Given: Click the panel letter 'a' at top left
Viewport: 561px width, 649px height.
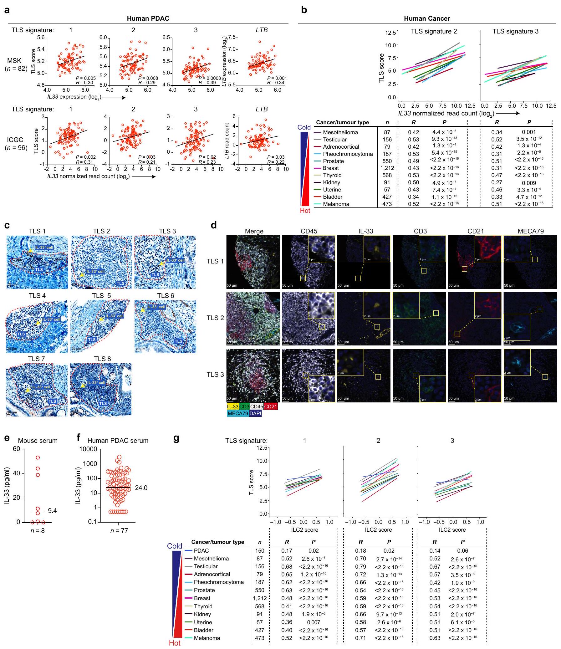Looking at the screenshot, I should click(7, 10).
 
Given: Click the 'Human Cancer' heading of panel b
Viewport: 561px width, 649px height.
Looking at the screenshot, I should click(427, 18).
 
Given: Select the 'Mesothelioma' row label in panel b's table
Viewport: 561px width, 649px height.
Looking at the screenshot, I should click(340, 132).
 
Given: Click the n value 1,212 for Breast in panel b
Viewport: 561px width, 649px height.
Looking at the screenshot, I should click(387, 168).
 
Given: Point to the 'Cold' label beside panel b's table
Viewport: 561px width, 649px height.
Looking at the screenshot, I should click(304, 127).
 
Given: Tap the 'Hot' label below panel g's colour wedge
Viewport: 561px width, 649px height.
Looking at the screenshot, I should click(175, 643).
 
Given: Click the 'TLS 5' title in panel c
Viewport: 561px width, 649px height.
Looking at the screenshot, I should click(101, 296).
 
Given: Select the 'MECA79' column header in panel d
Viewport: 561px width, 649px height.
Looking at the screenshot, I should click(530, 231).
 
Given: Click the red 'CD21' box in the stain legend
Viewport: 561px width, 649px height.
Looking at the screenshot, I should click(271, 406).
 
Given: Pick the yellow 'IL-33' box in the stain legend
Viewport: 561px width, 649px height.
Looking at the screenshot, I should click(232, 406).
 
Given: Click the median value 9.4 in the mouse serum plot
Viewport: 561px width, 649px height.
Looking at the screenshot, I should click(52, 511).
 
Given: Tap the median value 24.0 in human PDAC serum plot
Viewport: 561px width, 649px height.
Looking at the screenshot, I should click(141, 488).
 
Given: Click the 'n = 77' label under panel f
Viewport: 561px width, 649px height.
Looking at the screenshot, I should click(119, 530).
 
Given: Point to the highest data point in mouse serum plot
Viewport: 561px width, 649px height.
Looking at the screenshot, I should click(38, 457).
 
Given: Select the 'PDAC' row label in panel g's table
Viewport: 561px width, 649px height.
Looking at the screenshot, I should click(201, 550).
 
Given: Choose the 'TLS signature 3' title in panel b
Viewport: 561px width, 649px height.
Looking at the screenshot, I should click(515, 31).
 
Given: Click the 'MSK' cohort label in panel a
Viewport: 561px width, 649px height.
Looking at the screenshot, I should click(15, 61).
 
